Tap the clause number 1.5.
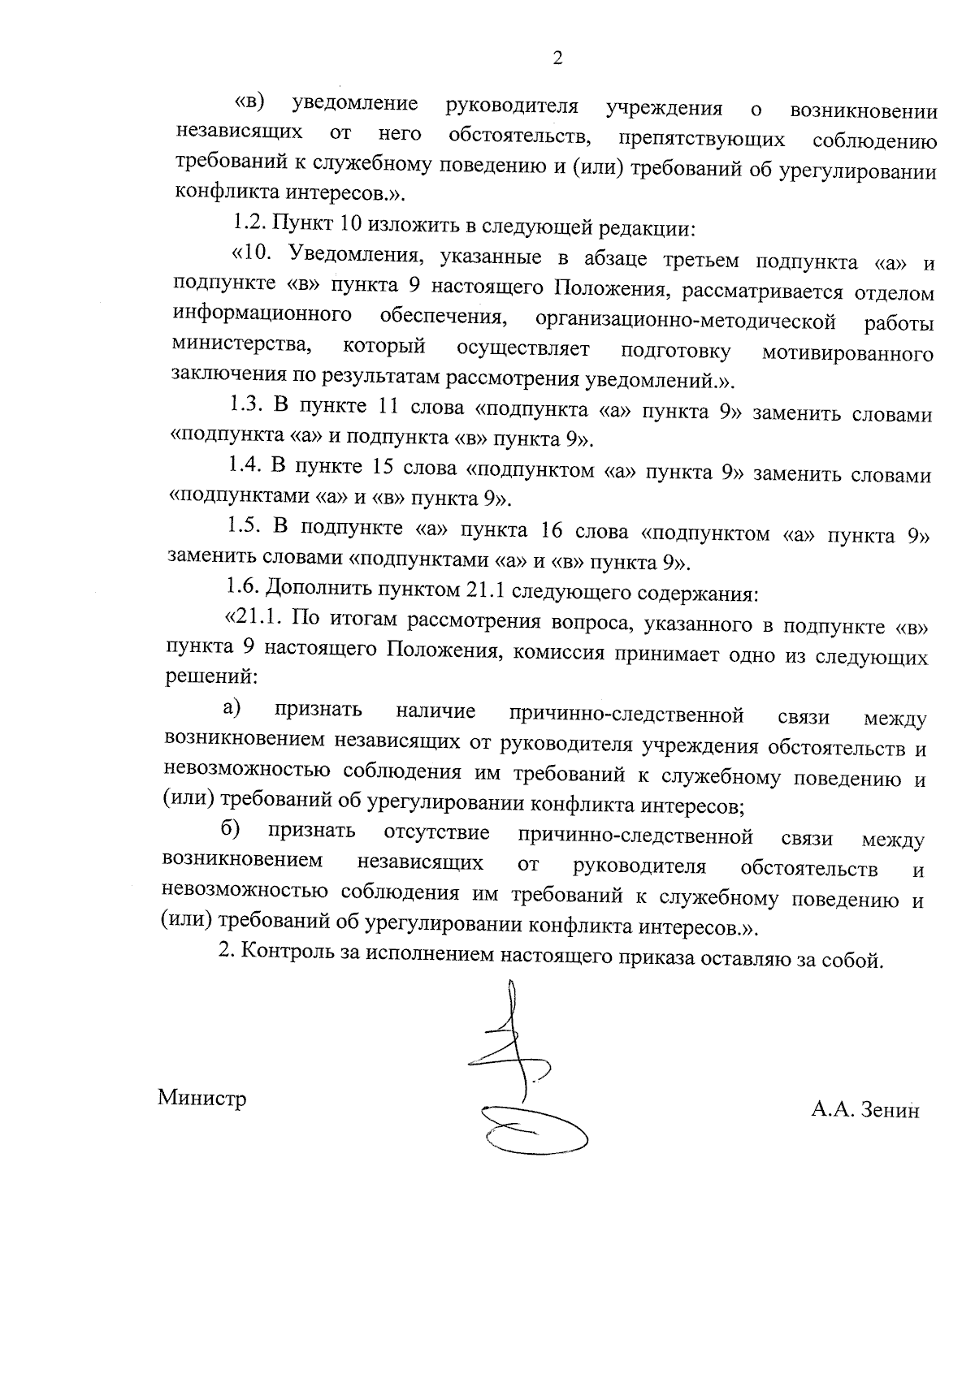tap(244, 526)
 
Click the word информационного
tap(262, 314)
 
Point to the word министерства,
tap(242, 345)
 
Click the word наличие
tap(435, 711)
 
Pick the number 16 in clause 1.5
tap(551, 531)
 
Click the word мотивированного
tap(847, 354)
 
